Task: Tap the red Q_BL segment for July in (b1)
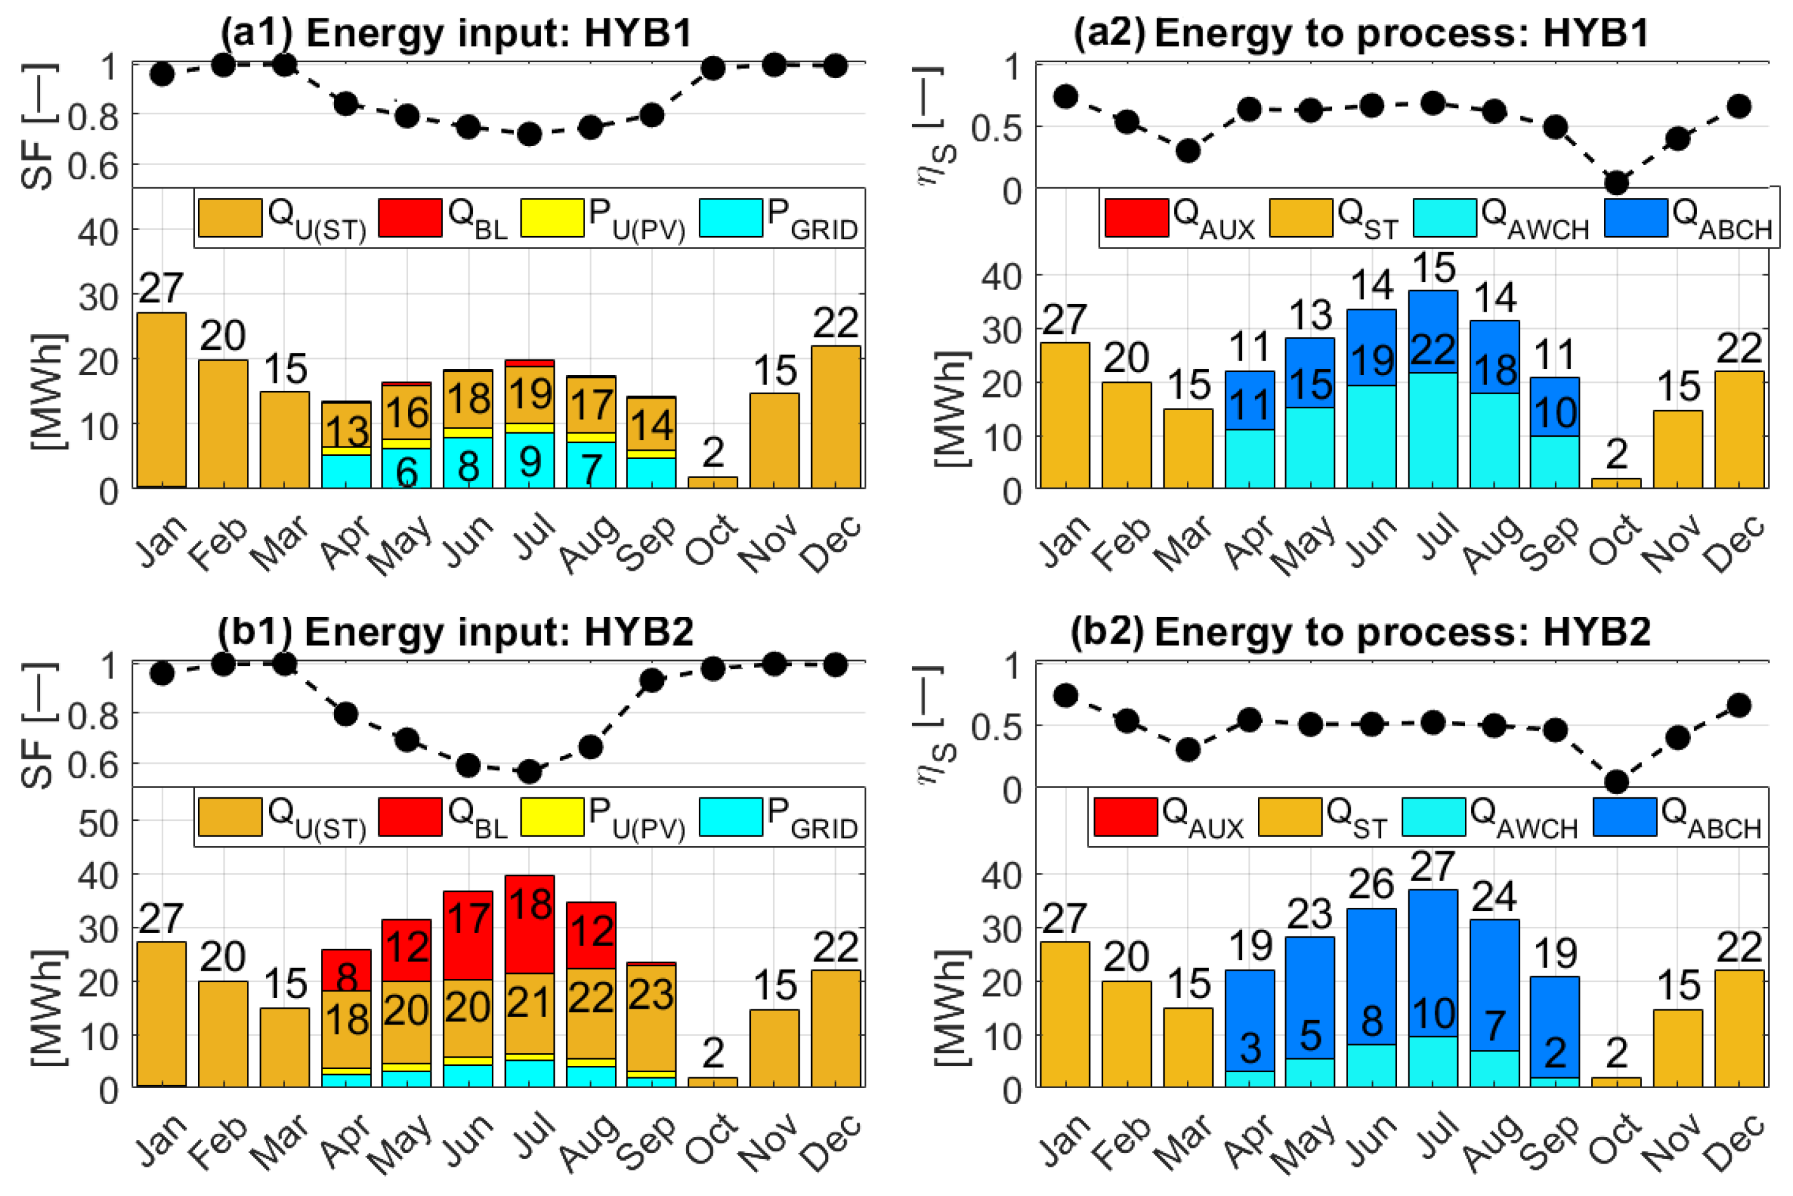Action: [529, 924]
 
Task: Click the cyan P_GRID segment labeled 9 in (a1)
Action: [529, 460]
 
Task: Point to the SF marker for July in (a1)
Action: [529, 134]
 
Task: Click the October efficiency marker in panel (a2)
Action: [1616, 182]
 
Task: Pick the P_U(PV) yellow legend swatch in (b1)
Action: [552, 816]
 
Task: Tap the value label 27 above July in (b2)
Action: [1433, 866]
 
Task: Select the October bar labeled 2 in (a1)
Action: [712, 482]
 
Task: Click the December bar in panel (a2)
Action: [1739, 429]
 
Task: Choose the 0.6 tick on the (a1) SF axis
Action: [93, 166]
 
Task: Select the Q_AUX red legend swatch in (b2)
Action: [1125, 816]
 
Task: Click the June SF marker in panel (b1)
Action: [468, 764]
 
